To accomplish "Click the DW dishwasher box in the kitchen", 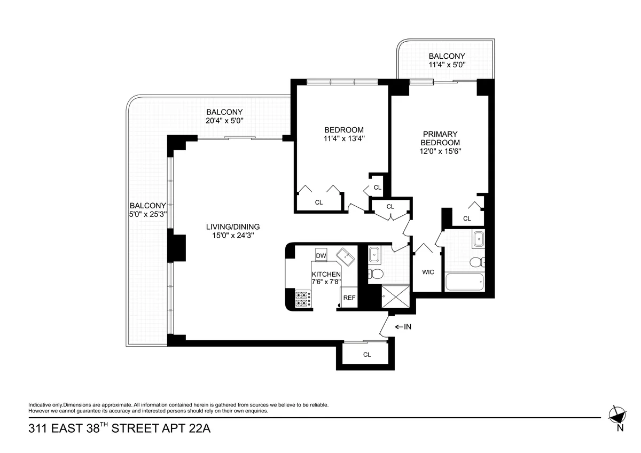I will point(321,256).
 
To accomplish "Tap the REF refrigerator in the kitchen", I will point(349,298).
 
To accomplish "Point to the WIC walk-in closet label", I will point(428,272).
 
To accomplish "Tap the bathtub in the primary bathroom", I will point(464,282).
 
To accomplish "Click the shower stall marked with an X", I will point(396,298).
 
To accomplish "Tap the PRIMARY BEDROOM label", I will point(440,138).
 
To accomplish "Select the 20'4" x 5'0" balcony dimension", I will point(224,121).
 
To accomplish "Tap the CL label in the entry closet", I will point(367,355).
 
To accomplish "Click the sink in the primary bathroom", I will point(478,239).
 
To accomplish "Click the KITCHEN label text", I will point(326,274).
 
